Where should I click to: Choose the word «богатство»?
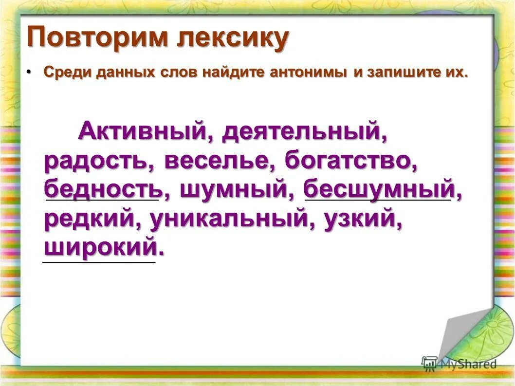[x=351, y=160]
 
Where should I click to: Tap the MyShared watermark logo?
[x=460, y=364]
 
